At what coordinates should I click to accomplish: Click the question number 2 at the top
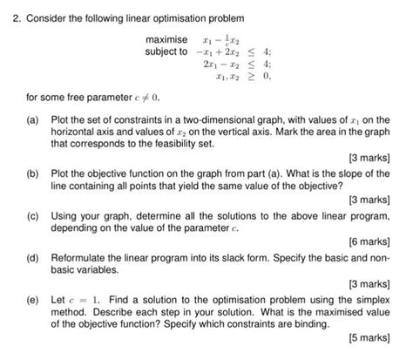[7, 17]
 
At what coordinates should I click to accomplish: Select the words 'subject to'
[166, 51]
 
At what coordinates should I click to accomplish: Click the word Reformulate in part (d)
[80, 257]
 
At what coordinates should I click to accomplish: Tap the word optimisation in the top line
[186, 17]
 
